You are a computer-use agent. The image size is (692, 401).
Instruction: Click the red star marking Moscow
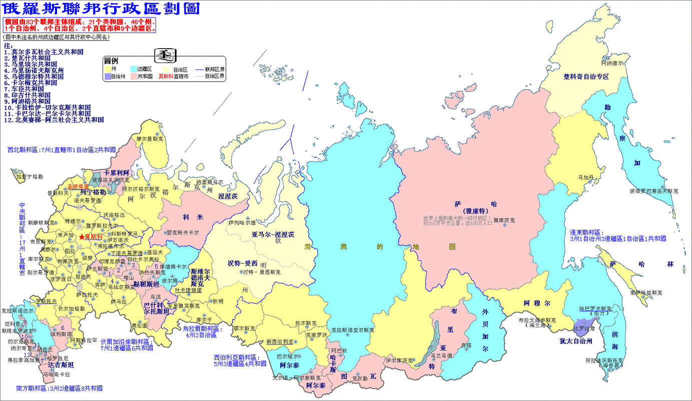pos(81,236)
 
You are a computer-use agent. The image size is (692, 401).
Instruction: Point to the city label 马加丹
pos(586,177)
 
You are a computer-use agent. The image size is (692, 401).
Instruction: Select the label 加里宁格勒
pos(29,176)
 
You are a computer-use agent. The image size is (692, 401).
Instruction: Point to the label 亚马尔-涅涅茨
pos(273,235)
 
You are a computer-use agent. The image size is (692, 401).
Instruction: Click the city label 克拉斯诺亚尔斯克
pos(352,330)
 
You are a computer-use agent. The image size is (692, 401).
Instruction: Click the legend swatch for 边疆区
pos(134,68)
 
